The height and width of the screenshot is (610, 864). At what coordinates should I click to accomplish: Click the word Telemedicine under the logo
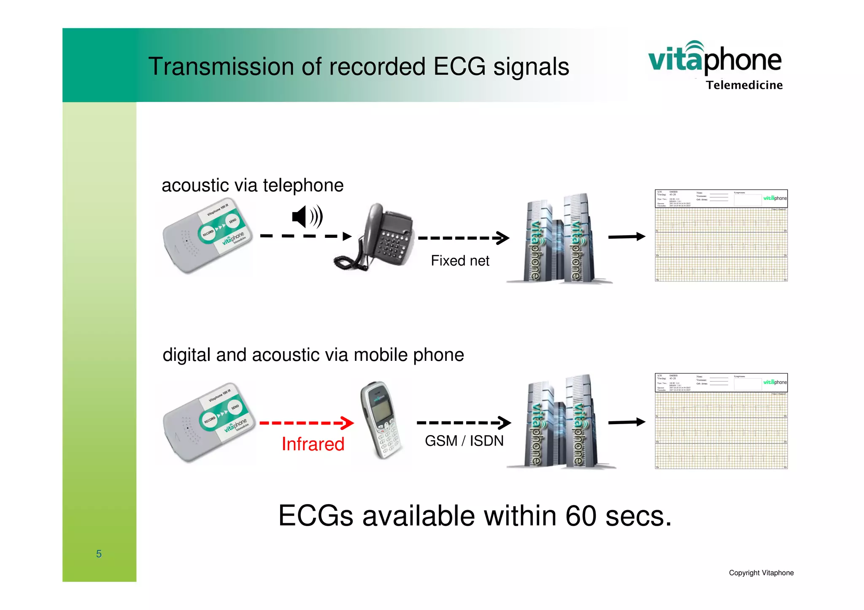744,85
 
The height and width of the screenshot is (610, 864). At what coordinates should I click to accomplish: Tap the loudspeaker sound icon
307,217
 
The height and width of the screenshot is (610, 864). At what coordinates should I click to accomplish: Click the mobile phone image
380,420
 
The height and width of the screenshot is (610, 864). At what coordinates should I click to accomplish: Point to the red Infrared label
313,444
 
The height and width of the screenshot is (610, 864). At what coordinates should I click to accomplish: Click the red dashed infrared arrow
307,423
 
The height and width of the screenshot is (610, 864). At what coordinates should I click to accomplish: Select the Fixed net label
460,261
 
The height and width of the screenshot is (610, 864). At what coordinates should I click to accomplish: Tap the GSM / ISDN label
464,441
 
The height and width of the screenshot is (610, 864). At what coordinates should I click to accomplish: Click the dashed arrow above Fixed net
463,238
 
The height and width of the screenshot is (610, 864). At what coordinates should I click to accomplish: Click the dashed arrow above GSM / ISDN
463,422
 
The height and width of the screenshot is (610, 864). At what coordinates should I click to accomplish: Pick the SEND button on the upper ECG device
233,221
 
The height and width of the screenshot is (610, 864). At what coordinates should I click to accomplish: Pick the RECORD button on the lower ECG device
210,420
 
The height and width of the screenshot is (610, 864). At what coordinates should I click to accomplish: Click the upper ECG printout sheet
721,235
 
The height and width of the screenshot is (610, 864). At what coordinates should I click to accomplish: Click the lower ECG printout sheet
721,421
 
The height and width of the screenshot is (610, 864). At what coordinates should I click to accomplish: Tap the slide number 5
99,554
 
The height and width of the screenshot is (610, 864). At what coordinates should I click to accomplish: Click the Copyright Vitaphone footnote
761,573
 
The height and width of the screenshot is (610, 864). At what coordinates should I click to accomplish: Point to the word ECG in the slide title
459,67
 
